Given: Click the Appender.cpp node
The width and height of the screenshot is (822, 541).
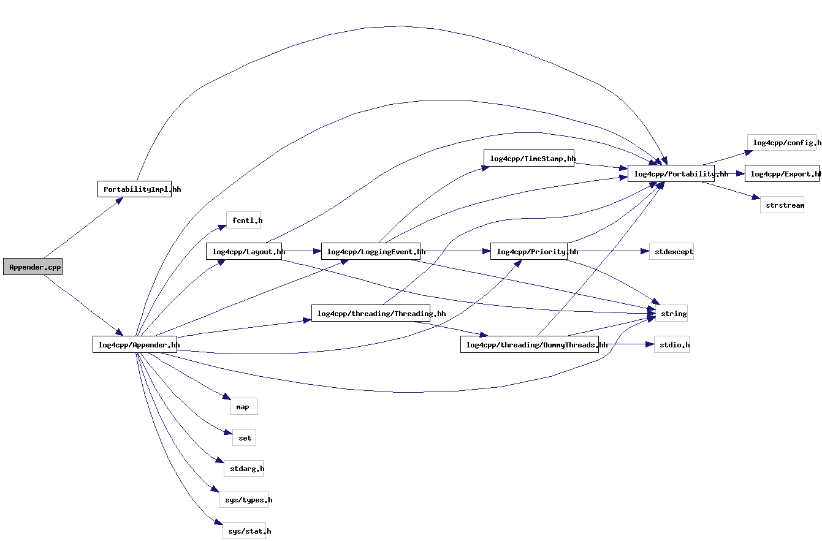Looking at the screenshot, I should (x=32, y=267).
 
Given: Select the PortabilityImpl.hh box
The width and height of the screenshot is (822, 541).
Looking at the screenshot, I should (x=134, y=189).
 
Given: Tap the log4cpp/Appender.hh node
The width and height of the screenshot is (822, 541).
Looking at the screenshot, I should (x=134, y=344).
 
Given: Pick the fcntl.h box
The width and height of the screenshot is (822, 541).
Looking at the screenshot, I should (x=244, y=221).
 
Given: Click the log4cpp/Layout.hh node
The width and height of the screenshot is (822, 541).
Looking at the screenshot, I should (x=244, y=251).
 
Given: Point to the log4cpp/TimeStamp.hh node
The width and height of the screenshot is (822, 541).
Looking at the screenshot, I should (x=528, y=158).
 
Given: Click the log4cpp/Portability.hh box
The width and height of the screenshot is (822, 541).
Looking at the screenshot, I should (x=671, y=173).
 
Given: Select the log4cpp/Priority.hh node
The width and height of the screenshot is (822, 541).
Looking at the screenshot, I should (x=528, y=251).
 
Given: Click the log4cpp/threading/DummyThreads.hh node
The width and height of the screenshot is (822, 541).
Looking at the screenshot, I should (x=529, y=344).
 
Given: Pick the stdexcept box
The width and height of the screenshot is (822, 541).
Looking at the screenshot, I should (x=671, y=251).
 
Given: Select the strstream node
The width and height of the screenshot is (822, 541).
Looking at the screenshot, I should (x=782, y=205).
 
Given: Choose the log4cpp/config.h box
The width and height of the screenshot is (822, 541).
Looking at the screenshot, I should (x=782, y=143).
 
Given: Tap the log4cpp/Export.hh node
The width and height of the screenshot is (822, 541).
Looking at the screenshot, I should (x=782, y=173).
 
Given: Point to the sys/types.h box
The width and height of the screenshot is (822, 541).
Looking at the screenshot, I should (x=244, y=500).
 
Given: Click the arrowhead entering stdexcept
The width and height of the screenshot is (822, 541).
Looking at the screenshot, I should (x=644, y=251).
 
